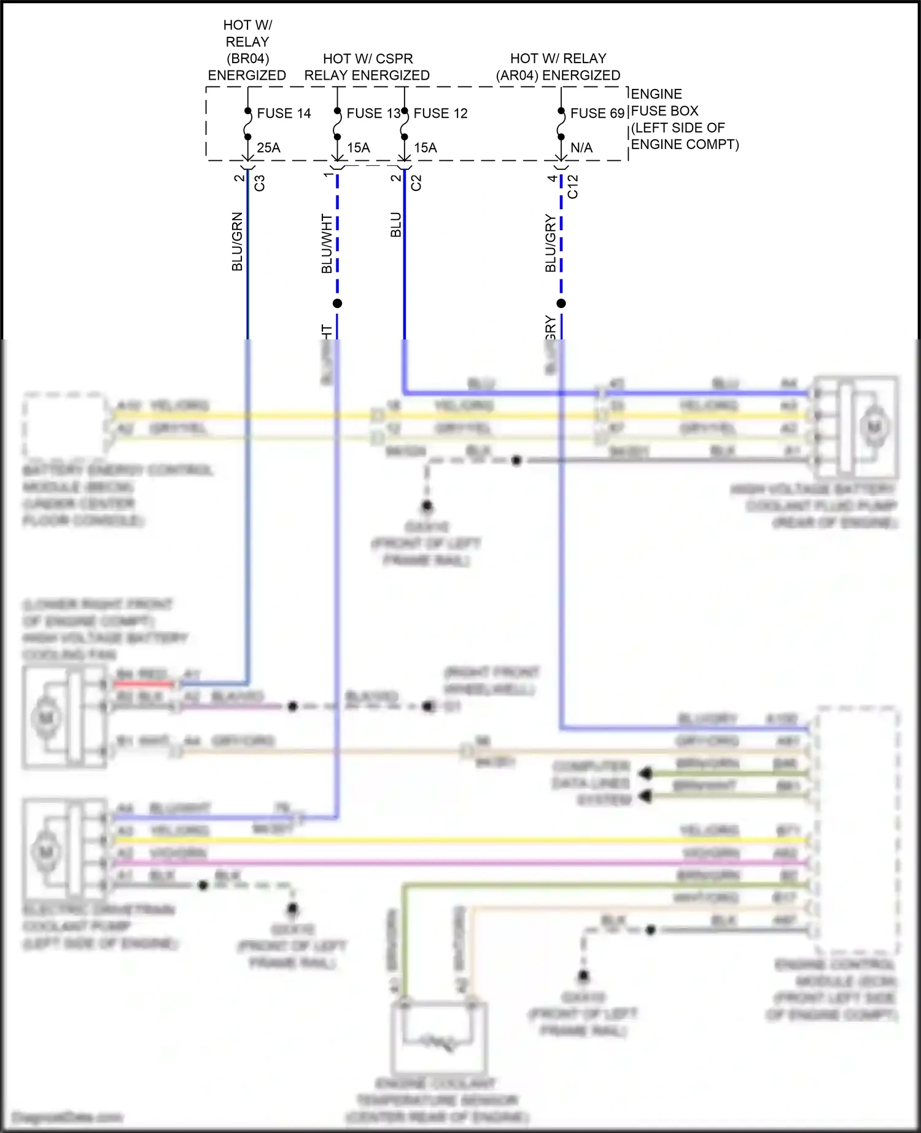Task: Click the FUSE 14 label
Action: coord(284,114)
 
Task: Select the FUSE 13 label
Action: coord(373,114)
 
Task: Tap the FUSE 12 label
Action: coord(440,114)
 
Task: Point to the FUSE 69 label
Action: coord(597,114)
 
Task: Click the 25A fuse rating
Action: coord(268,148)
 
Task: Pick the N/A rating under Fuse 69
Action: coord(581,148)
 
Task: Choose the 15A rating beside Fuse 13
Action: coord(359,148)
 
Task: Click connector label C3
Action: coord(260,183)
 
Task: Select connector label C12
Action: coord(573,187)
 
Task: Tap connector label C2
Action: coord(416,183)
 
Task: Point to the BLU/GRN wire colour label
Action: coord(238,242)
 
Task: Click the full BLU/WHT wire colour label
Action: coord(327,244)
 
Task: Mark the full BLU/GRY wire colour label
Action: coord(551,244)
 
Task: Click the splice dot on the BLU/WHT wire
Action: coord(337,303)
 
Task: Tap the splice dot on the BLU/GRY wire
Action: coord(561,303)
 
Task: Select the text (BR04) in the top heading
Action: coord(247,59)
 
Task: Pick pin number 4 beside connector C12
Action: coord(552,179)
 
